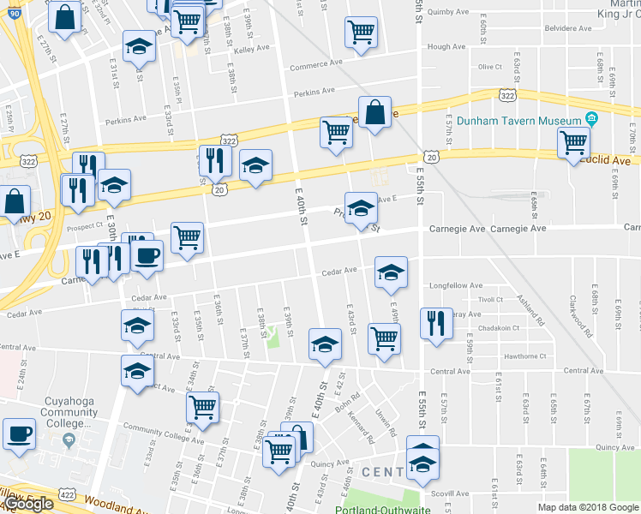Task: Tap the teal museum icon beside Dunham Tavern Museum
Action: (590, 119)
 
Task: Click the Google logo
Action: (28, 504)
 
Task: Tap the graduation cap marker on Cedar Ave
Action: (391, 272)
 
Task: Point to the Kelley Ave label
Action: (251, 51)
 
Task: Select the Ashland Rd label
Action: (531, 310)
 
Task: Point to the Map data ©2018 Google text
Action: (587, 507)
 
